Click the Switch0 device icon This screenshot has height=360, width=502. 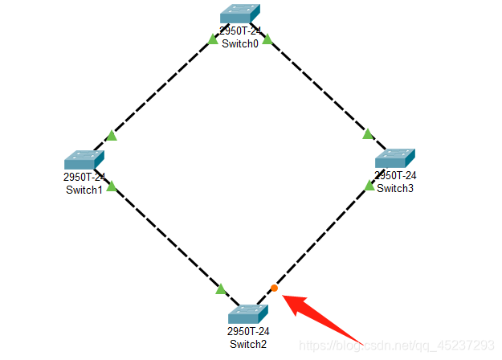click(x=240, y=14)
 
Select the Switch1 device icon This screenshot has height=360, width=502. click(x=84, y=159)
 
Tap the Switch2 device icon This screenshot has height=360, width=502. click(x=247, y=314)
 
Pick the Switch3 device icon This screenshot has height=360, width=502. click(x=395, y=157)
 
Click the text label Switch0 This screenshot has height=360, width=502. click(x=240, y=43)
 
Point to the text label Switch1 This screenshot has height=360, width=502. click(x=84, y=190)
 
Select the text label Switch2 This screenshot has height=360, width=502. click(x=247, y=344)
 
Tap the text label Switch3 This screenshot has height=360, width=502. click(x=395, y=188)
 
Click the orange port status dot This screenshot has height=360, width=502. click(x=274, y=288)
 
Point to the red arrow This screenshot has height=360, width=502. click(x=325, y=317)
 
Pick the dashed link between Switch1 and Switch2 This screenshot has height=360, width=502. click(x=165, y=236)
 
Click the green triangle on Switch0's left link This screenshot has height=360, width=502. click(x=212, y=39)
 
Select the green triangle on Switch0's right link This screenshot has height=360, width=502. click(x=267, y=39)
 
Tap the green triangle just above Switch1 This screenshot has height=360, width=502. click(x=112, y=135)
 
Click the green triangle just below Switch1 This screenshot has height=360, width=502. click(x=111, y=186)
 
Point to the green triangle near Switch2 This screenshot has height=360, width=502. click(x=222, y=288)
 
